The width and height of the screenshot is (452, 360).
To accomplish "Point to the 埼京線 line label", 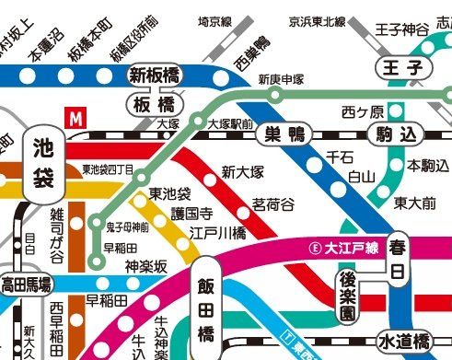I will click(215, 19).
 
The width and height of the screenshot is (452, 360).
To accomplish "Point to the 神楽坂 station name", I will click(145, 266).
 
